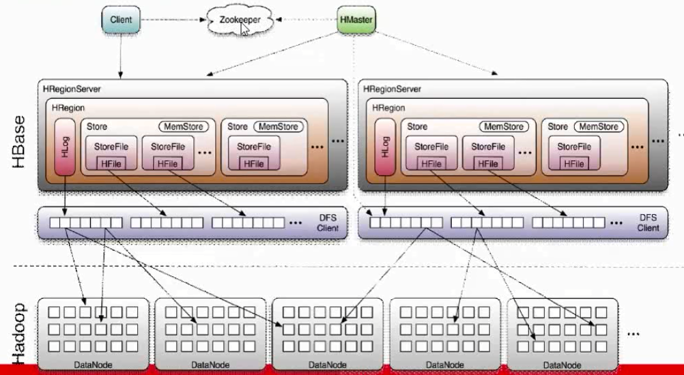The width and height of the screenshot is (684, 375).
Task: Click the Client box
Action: pos(122,20)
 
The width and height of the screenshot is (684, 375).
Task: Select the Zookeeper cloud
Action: pos(239,21)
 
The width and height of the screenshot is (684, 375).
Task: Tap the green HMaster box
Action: pos(356,20)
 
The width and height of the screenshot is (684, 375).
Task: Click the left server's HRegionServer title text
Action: pos(72,89)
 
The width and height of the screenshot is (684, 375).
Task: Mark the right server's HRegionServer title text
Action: pos(393,89)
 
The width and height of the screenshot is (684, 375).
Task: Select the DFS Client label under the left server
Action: pos(327,223)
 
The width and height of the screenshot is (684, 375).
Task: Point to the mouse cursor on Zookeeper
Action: pos(244,29)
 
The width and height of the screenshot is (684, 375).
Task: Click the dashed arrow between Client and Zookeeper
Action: pos(173,20)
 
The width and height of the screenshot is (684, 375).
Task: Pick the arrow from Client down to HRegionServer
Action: pos(122,55)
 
